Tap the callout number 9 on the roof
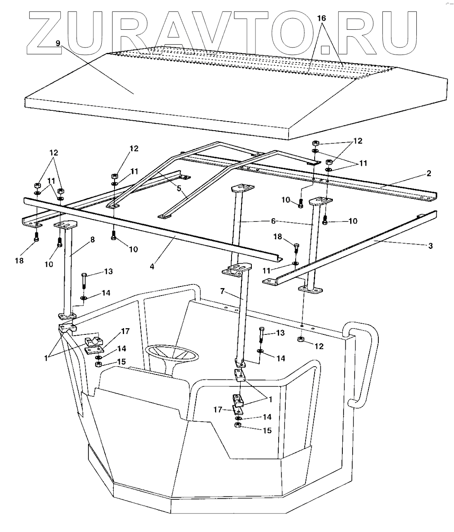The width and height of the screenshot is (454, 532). pos(57,43)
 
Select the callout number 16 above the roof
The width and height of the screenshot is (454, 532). pos(321,18)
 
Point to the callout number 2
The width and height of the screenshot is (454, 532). pos(429,173)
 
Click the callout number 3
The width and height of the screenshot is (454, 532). pos(430,246)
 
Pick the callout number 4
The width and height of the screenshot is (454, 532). pos(152,267)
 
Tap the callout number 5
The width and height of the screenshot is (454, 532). pos(179,188)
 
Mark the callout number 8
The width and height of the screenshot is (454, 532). pos(92,239)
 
